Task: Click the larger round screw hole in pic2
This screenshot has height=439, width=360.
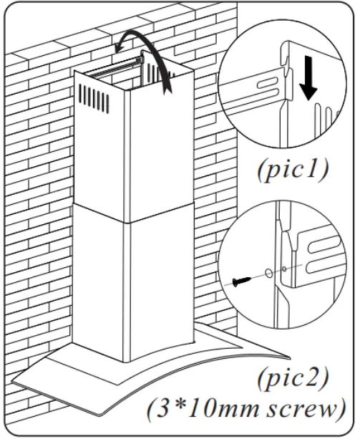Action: click(267, 273)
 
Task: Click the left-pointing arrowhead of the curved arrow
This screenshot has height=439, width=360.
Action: click(121, 45)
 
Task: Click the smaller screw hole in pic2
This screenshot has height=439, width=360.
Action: click(285, 269)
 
